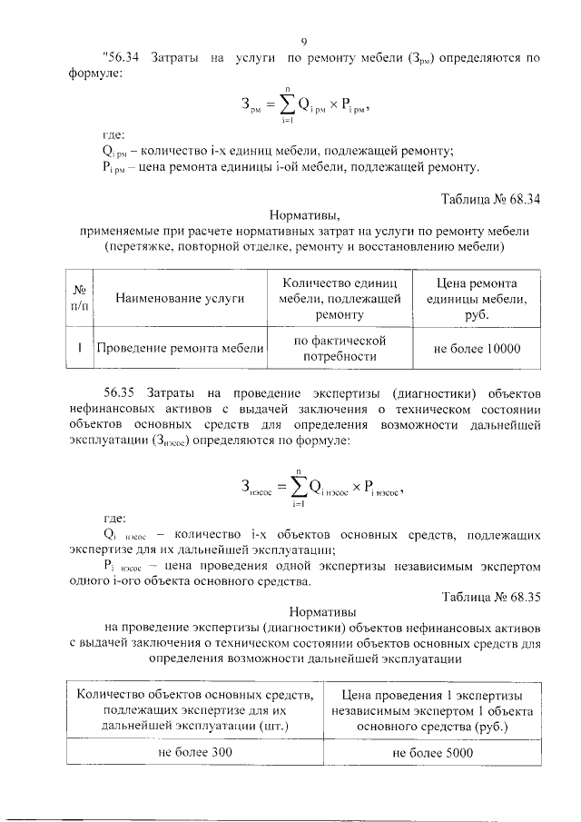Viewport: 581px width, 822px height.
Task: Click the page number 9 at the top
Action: click(x=304, y=41)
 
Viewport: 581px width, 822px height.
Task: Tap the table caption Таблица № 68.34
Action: click(x=491, y=200)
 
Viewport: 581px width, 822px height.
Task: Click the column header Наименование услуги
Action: click(x=181, y=297)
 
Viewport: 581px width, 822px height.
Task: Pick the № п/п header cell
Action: click(x=80, y=297)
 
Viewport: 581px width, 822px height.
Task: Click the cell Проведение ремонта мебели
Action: click(x=181, y=348)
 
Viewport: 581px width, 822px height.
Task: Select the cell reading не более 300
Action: click(x=195, y=753)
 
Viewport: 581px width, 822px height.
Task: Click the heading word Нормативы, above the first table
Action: click(x=304, y=215)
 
